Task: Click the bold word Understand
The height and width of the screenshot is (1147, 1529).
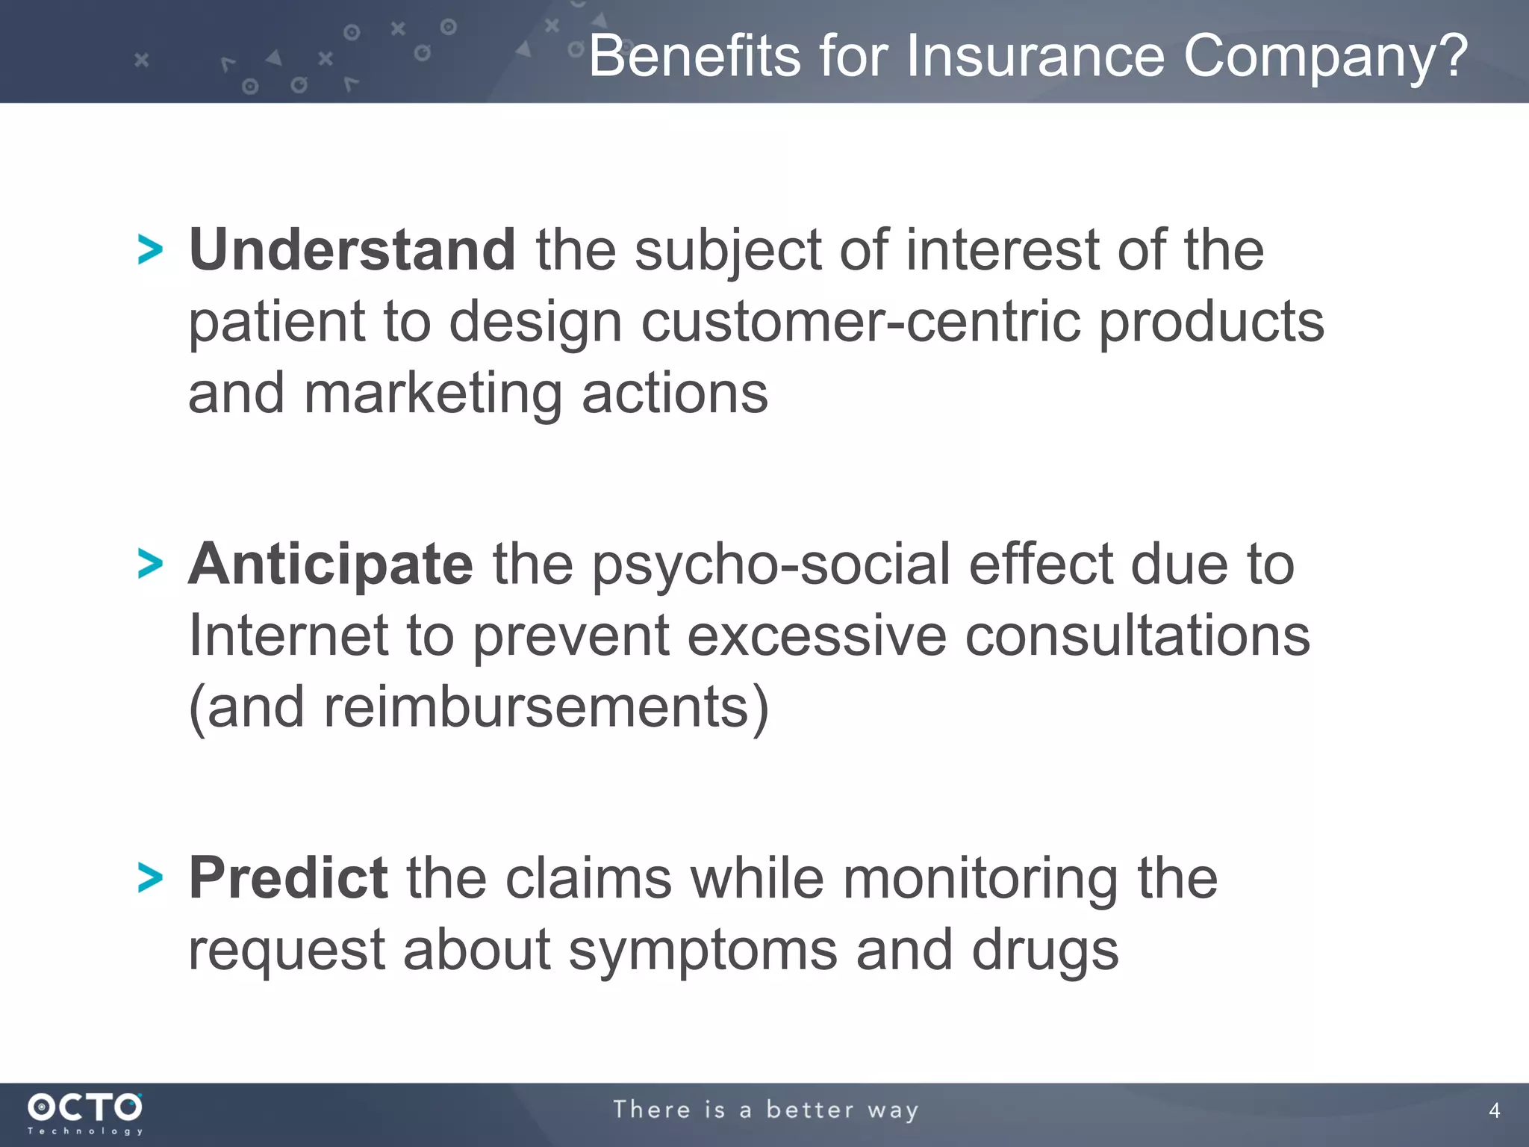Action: [351, 249]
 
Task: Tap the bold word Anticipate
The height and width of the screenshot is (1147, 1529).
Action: [330, 564]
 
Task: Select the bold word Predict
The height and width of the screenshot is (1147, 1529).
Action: [287, 877]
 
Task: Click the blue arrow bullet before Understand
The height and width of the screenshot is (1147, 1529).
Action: [150, 249]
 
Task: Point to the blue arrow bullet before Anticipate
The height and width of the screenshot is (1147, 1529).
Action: [150, 564]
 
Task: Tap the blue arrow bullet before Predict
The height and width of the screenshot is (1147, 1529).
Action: [150, 877]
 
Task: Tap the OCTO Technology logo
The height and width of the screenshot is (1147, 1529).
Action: [85, 1113]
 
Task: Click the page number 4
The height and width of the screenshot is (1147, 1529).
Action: [1494, 1110]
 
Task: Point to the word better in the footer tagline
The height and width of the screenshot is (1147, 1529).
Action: [810, 1110]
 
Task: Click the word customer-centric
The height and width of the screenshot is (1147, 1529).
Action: [861, 322]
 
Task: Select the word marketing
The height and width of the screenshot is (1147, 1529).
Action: [433, 394]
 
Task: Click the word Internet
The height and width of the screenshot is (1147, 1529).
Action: [289, 635]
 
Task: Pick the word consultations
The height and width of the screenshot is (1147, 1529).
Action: [1137, 635]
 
